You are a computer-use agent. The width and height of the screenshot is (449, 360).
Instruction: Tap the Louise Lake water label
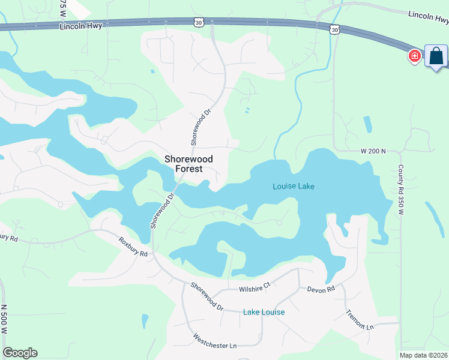(x=294, y=187)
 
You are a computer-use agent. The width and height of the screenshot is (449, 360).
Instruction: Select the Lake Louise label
(x=264, y=312)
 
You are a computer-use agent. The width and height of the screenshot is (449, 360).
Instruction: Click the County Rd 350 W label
(x=401, y=190)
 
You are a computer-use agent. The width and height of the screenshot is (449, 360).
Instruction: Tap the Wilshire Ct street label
(x=256, y=289)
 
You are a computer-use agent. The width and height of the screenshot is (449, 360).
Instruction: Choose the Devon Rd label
(x=321, y=289)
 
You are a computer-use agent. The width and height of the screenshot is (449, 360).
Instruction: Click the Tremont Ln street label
(x=360, y=319)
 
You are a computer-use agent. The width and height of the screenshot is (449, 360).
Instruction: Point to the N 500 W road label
(x=4, y=320)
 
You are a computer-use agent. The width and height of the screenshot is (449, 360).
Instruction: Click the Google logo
(x=20, y=353)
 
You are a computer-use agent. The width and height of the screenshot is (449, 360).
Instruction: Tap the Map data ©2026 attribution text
(x=424, y=355)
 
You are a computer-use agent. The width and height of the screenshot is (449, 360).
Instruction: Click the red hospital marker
(x=414, y=56)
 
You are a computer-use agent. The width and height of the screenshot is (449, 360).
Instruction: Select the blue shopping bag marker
(x=436, y=56)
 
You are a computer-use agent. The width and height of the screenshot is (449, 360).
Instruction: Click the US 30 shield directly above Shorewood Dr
(x=199, y=22)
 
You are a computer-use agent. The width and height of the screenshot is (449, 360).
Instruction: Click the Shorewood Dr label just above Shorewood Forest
(x=202, y=127)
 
